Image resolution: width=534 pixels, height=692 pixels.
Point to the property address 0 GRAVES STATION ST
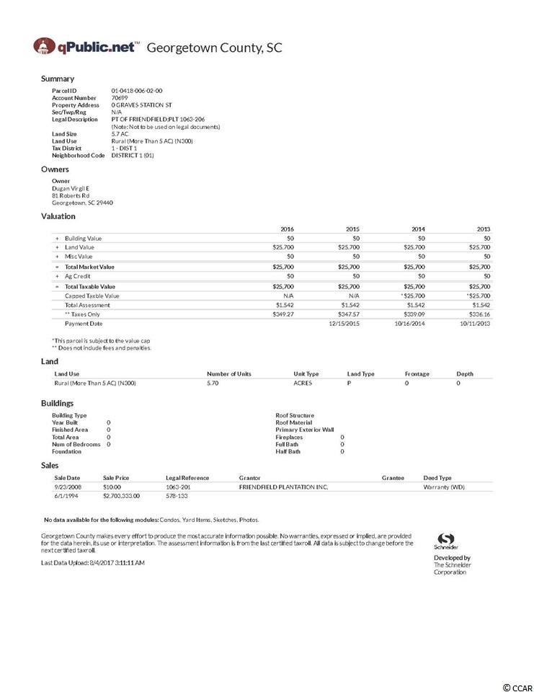click(x=141, y=105)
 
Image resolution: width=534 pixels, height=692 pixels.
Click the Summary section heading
click(x=58, y=79)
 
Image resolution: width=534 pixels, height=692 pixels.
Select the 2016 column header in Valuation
click(x=287, y=229)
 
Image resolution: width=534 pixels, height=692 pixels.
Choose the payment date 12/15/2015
click(x=344, y=324)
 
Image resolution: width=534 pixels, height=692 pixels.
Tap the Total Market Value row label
click(x=89, y=267)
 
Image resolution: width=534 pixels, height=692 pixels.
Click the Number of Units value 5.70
click(x=213, y=383)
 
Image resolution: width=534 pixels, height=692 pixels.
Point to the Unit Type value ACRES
click(x=303, y=383)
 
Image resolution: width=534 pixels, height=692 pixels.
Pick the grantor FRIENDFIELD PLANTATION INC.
click(x=283, y=487)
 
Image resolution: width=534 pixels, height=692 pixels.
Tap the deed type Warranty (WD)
click(x=444, y=487)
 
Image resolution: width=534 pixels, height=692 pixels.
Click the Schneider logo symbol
click(x=446, y=539)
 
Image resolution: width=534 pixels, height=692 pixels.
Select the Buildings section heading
click(x=57, y=404)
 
